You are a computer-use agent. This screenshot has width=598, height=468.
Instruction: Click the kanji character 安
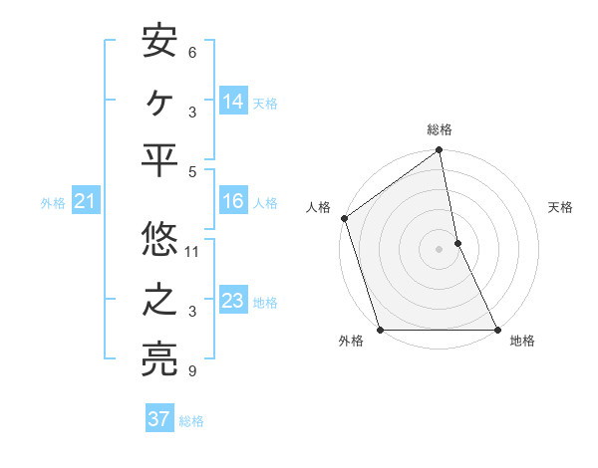tap(158, 43)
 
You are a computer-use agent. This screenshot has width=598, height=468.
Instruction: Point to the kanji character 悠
tap(158, 238)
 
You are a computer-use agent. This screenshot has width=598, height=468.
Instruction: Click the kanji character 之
tap(158, 300)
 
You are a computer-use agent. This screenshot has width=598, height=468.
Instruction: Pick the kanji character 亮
tap(158, 359)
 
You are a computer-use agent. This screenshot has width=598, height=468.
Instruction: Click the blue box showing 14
tap(233, 101)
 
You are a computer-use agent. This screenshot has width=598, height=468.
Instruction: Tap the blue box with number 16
tap(233, 201)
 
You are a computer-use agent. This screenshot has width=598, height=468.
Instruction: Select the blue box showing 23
tap(233, 301)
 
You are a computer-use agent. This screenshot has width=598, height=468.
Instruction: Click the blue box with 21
tap(86, 202)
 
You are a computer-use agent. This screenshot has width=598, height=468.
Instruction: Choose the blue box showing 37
tap(158, 419)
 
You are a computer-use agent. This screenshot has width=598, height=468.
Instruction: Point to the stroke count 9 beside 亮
tap(192, 372)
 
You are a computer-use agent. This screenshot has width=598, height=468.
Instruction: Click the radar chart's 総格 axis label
tap(440, 129)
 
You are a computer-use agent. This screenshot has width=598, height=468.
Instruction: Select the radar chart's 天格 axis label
tap(560, 207)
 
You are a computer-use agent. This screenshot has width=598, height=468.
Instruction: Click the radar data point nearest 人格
tap(344, 218)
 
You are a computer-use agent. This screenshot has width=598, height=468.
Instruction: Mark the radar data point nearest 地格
tap(497, 330)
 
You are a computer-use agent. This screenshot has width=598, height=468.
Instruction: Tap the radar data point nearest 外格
tap(381, 330)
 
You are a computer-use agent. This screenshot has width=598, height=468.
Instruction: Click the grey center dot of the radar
tap(440, 248)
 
